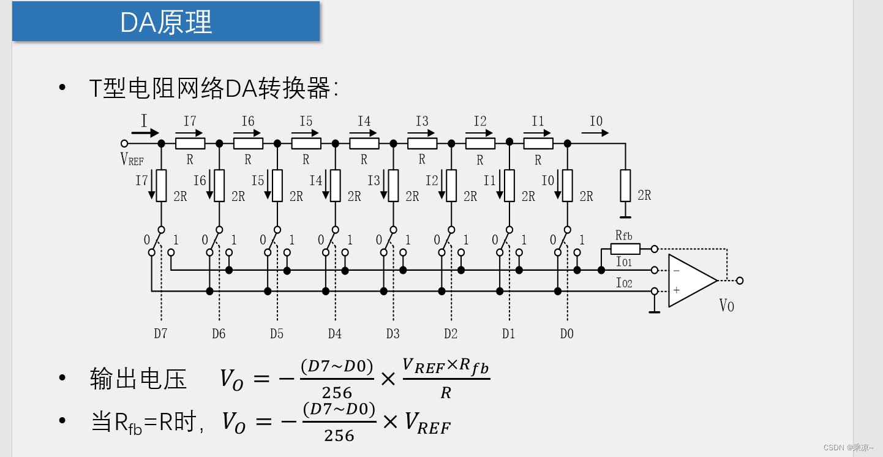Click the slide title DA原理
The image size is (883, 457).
click(166, 23)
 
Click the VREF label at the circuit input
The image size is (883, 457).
click(132, 160)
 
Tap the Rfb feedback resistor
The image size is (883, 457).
click(625, 249)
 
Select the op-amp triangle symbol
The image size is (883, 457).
click(691, 281)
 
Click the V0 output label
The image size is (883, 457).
click(726, 305)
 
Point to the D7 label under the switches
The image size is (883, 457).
click(160, 334)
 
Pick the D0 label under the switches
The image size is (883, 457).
click(567, 334)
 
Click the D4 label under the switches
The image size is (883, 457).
click(334, 334)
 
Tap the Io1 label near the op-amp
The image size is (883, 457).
click(624, 262)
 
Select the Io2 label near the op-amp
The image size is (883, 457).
click(624, 283)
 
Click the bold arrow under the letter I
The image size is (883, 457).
click(145, 132)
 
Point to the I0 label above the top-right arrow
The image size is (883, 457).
click(596, 121)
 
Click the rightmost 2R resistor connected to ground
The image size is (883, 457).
click(625, 186)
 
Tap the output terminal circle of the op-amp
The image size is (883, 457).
click(740, 281)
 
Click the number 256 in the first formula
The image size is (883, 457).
click(337, 393)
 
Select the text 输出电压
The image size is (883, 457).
click(138, 379)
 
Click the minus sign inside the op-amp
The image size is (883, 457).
click(677, 271)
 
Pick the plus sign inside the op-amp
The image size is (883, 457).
click(677, 290)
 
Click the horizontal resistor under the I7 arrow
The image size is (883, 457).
click(190, 143)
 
